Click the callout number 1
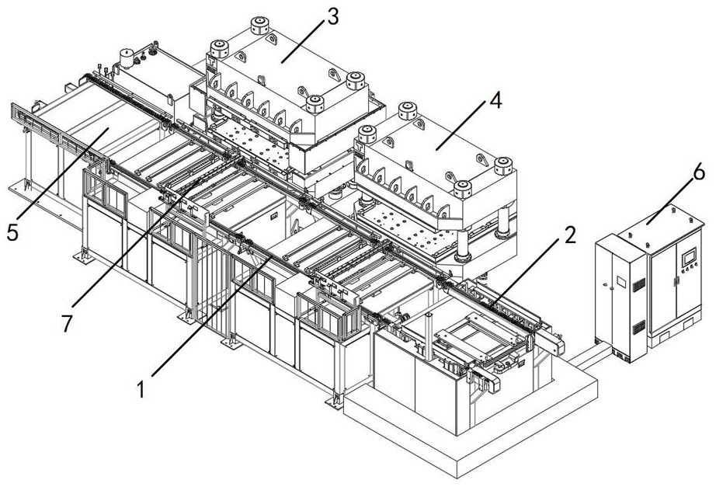click(x=141, y=389)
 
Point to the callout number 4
click(x=495, y=100)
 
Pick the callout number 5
click(x=12, y=232)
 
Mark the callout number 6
click(x=699, y=172)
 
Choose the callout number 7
click(x=67, y=323)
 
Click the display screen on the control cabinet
click(x=688, y=257)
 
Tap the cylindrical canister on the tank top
click(x=127, y=58)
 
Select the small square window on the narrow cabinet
click(x=621, y=281)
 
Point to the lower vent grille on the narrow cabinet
click(x=638, y=327)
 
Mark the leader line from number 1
click(x=212, y=316)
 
